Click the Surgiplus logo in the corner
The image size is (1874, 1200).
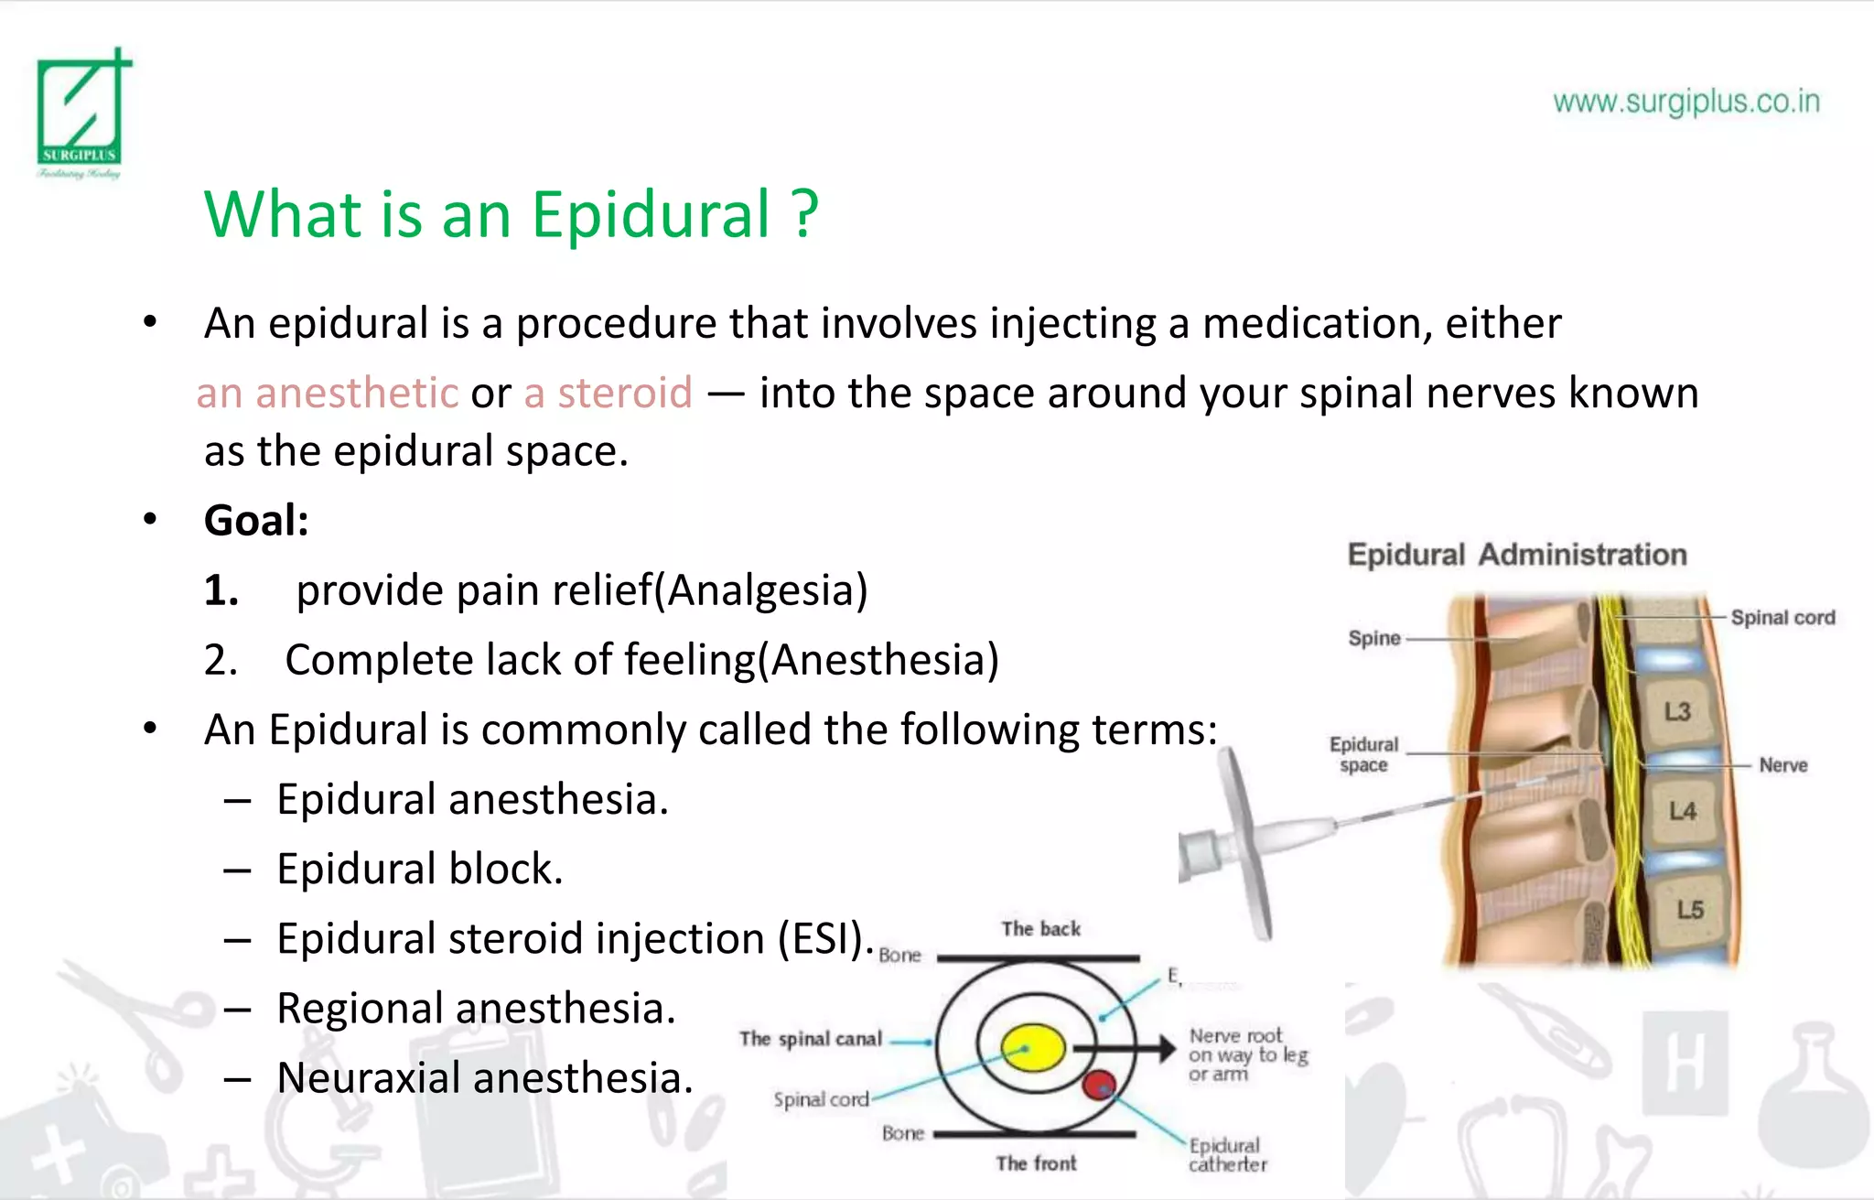tap(81, 113)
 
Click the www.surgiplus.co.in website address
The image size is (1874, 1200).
tap(1686, 102)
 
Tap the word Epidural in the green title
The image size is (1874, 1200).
tap(652, 215)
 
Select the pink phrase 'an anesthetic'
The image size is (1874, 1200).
tap(328, 394)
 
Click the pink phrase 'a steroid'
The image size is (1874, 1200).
tap(608, 394)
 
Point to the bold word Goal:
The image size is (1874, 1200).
tap(256, 521)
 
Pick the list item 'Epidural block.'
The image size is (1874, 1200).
tap(419, 869)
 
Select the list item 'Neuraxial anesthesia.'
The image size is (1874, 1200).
tap(485, 1077)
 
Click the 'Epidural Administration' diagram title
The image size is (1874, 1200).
tap(1516, 555)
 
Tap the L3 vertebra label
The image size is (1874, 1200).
tap(1677, 711)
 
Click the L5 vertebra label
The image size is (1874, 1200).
tap(1689, 909)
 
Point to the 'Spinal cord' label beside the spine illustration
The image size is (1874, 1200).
tap(1782, 618)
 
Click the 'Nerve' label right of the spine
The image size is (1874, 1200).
tap(1782, 765)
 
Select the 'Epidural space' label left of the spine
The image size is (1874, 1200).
tap(1363, 754)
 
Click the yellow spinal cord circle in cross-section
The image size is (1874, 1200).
tap(1032, 1049)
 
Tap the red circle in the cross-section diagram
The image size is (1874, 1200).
tap(1099, 1085)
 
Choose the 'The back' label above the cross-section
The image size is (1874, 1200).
tap(1040, 929)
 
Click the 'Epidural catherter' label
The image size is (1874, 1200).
tap(1227, 1155)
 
